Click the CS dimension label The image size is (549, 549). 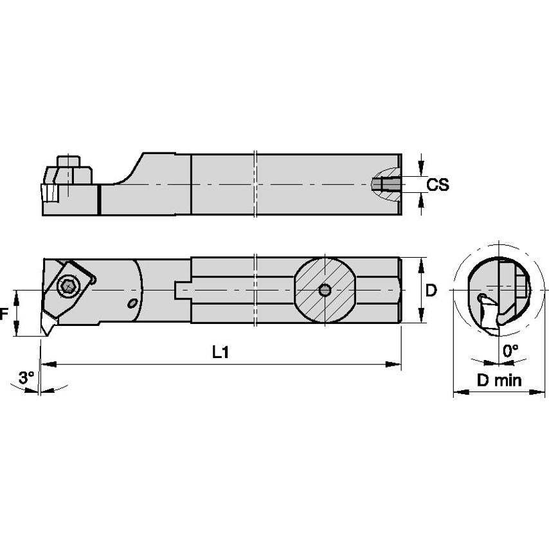(x=438, y=185)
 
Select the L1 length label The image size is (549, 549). (x=221, y=352)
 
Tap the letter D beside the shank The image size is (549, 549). (x=431, y=291)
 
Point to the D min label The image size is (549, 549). (x=499, y=380)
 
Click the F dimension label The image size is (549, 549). (x=4, y=314)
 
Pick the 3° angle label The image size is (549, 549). (x=26, y=378)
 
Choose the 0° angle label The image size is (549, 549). (x=510, y=350)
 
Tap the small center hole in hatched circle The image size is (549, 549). (x=325, y=291)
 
